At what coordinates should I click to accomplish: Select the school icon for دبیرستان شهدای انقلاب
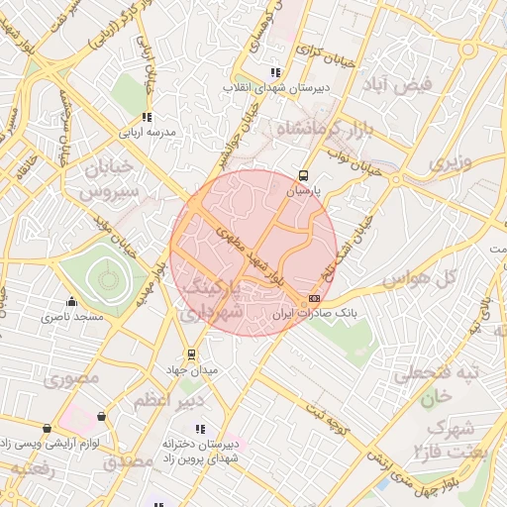coord(275,72)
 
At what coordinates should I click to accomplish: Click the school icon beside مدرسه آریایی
coord(148,117)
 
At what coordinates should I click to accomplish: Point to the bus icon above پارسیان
coord(302,177)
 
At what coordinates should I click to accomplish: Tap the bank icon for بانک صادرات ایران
coord(315,298)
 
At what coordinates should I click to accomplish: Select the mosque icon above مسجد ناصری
coord(70,302)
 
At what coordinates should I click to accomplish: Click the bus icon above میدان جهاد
coord(191,354)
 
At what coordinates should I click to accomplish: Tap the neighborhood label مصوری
coord(71,377)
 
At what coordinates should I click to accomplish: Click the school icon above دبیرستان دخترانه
coord(200,429)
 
